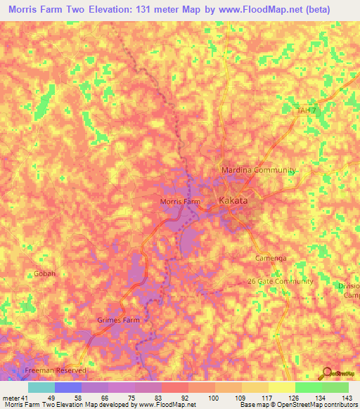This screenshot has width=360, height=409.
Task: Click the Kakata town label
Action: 233,201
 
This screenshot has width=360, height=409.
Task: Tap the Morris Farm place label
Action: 181,202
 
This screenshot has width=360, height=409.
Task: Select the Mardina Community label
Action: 258,171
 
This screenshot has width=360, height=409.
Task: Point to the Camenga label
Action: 271,259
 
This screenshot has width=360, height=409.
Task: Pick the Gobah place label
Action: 44,273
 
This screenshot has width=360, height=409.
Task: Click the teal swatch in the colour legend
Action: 41,387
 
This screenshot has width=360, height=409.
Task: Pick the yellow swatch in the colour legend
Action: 281,387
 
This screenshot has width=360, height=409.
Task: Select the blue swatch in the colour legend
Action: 68,387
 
